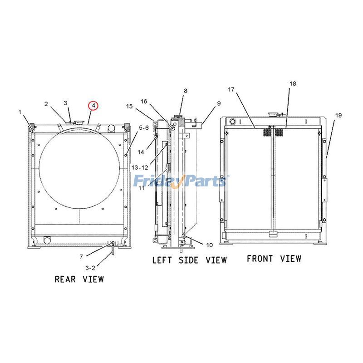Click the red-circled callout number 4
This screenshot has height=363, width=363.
click(x=93, y=106)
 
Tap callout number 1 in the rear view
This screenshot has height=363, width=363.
click(x=20, y=112)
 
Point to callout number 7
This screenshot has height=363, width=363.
click(x=81, y=257)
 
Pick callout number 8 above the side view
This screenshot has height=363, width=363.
click(x=185, y=91)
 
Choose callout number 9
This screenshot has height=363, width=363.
click(x=218, y=103)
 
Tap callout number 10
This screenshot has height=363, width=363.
click(x=209, y=245)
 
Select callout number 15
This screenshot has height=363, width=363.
click(x=129, y=106)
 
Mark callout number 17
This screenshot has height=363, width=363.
click(x=231, y=90)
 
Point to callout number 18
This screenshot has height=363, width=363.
click(x=293, y=84)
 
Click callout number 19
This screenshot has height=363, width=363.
click(x=338, y=116)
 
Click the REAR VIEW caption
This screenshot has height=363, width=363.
click(x=79, y=279)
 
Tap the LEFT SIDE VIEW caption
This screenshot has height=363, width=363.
click(x=189, y=260)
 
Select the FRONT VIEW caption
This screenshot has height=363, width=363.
click(x=274, y=259)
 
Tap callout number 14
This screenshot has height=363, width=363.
click(x=141, y=152)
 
